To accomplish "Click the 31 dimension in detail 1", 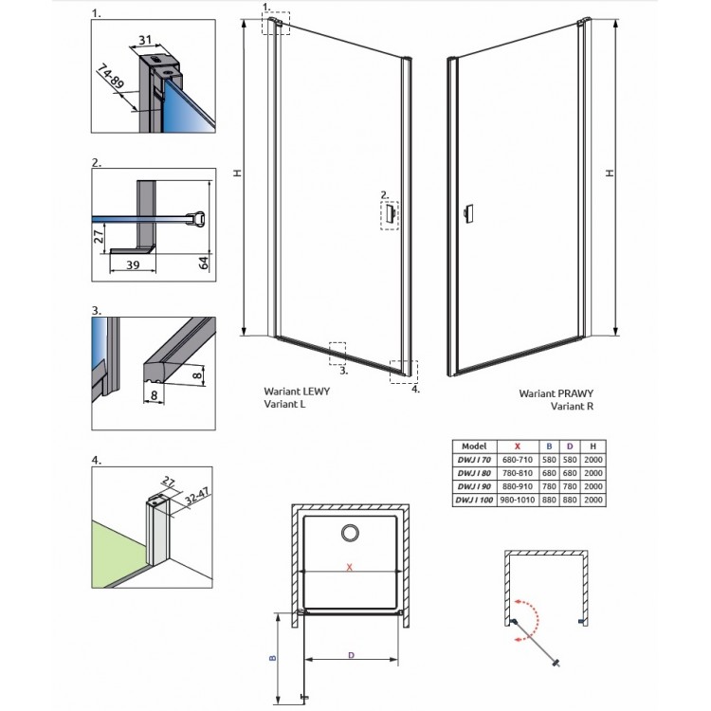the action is click(x=145, y=40).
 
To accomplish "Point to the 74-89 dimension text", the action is click(x=110, y=76).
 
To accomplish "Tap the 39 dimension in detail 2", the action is click(x=133, y=264).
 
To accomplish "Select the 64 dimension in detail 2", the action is click(x=204, y=263).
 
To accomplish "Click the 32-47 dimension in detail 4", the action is click(x=197, y=496).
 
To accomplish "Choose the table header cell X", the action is click(x=518, y=447).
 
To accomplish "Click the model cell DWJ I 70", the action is click(x=474, y=460).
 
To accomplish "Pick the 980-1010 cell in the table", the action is click(x=518, y=500).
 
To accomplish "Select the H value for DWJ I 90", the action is click(x=593, y=486).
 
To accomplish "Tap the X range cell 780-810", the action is click(x=518, y=473).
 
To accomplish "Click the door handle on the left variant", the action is click(x=390, y=214).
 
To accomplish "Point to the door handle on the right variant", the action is click(x=468, y=213).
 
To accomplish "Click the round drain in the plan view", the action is click(x=350, y=533).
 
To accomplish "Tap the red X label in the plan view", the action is click(x=349, y=567).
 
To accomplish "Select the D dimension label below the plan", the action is click(x=351, y=655).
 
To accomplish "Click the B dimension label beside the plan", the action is click(x=272, y=658).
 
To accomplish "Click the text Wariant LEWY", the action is click(x=297, y=391).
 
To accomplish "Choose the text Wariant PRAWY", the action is click(x=556, y=393).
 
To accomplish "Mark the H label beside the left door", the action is click(x=238, y=173).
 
